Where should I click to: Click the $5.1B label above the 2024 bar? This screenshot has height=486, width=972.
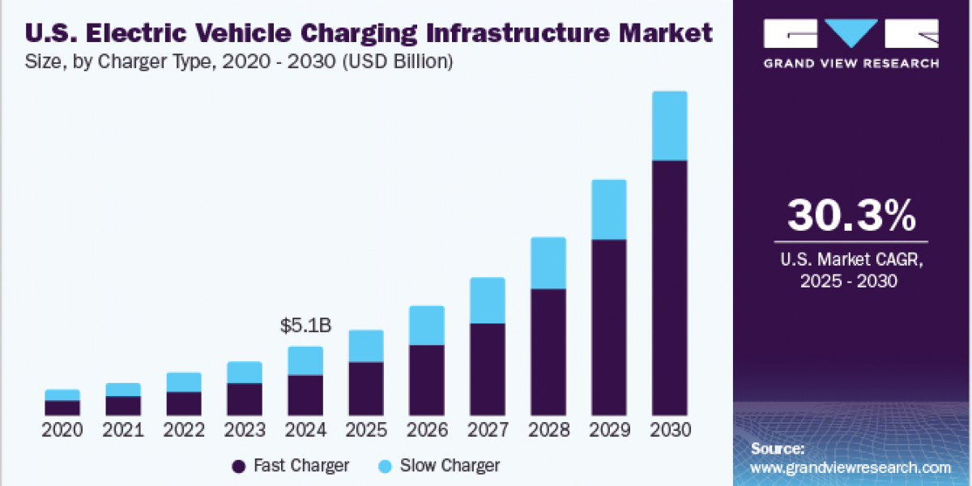pyautogui.click(x=305, y=326)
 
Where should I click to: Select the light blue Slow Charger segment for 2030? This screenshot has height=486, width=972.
pyautogui.click(x=670, y=126)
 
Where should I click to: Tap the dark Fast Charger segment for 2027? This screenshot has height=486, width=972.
pyautogui.click(x=488, y=369)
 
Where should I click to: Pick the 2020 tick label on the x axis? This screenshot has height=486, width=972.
pyautogui.click(x=62, y=430)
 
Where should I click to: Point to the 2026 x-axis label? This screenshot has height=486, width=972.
pyautogui.click(x=427, y=430)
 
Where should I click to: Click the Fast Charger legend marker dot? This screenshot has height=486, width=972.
pyautogui.click(x=238, y=466)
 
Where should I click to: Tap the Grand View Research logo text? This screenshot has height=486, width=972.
pyautogui.click(x=851, y=63)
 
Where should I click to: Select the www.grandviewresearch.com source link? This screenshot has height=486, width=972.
pyautogui.click(x=850, y=467)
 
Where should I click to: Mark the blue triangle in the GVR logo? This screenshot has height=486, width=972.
pyautogui.click(x=851, y=33)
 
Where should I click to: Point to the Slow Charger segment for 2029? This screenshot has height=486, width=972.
pyautogui.click(x=609, y=209)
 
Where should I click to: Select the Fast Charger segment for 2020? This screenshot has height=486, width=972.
pyautogui.click(x=62, y=407)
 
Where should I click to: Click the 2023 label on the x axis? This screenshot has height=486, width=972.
pyautogui.click(x=245, y=430)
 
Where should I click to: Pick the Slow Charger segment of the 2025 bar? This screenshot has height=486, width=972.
pyautogui.click(x=366, y=346)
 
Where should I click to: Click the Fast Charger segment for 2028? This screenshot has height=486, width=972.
pyautogui.click(x=548, y=351)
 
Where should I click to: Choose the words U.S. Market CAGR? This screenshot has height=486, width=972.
pyautogui.click(x=851, y=261)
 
